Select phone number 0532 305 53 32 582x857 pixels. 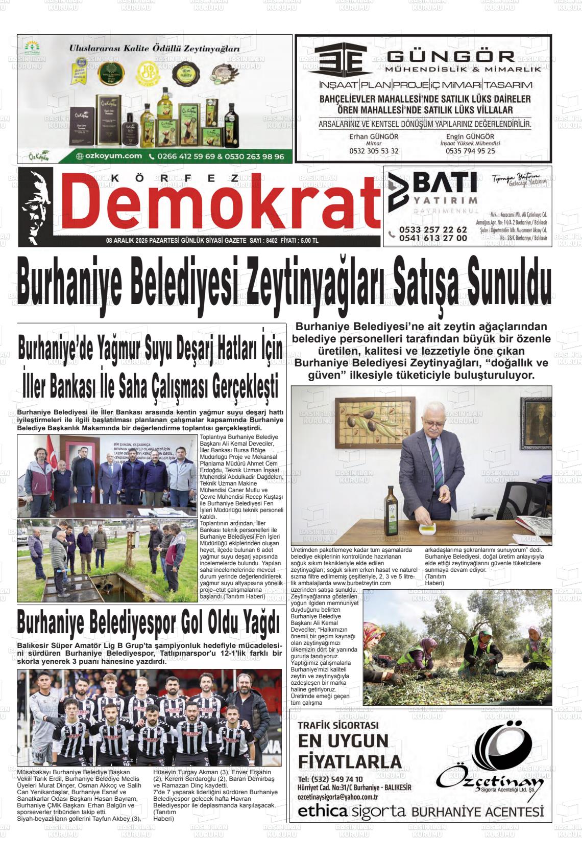(374, 151)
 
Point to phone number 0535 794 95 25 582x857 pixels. (470, 151)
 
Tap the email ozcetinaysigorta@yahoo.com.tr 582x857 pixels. (337, 797)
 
